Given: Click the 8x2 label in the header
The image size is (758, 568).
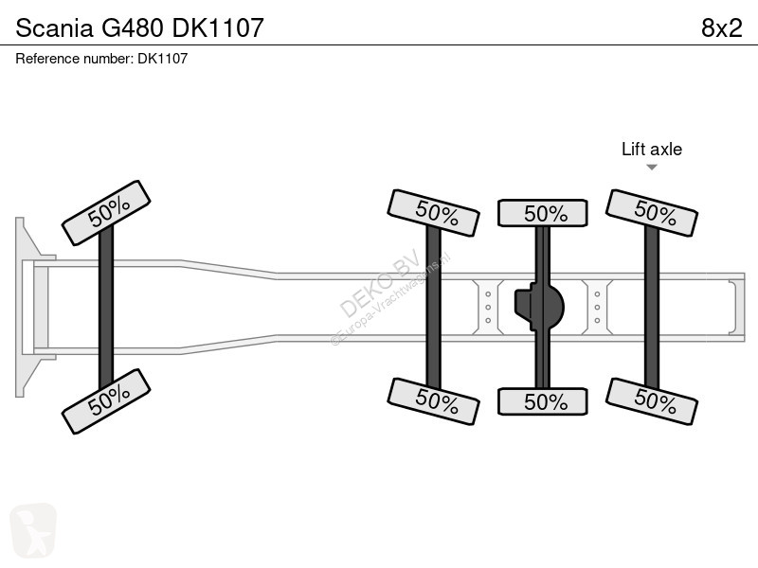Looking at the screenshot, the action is tap(721, 28).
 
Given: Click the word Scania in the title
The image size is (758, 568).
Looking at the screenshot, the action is tap(54, 28).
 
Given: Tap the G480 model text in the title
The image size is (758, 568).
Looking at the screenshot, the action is tap(132, 28).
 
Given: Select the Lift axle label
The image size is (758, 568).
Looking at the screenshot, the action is tap(652, 150).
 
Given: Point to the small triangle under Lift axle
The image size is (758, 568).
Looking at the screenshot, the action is tap(652, 168).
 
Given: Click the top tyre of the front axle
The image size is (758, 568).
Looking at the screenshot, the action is tap(106, 213).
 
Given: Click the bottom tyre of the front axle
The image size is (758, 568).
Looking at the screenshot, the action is tap(106, 401).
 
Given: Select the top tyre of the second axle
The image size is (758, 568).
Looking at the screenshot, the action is tap(434, 213).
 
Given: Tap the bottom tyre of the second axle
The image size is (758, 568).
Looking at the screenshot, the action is tap(434, 401).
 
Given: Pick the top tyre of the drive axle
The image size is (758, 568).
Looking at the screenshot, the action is tap(543, 213).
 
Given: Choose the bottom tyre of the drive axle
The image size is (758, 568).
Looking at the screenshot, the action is tap(543, 401).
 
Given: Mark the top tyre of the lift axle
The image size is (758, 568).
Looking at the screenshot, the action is tap(652, 213).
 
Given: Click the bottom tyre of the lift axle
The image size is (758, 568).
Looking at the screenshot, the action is tap(652, 401).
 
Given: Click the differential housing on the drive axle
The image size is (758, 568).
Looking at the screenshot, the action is tap(539, 307).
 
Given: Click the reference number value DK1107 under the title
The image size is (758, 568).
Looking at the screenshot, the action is tap(162, 59).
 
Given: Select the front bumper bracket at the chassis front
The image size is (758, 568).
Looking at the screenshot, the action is tap(34, 307).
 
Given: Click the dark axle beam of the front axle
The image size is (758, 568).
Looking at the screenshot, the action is tap(106, 307).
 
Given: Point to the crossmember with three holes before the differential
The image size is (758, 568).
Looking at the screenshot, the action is tap(488, 307).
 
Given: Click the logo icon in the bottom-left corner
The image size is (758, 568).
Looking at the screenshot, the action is tap(33, 530).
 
